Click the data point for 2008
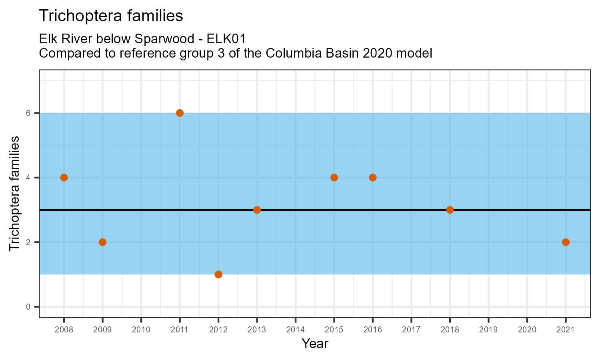[x=64, y=178]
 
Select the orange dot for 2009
[x=102, y=242]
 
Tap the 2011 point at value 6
[x=180, y=113]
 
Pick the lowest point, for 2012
[x=218, y=274]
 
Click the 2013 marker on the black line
[x=257, y=210]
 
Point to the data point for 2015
[x=334, y=178]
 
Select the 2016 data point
[x=373, y=178]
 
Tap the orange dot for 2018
[x=450, y=210]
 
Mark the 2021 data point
[x=566, y=242]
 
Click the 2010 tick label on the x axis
[x=141, y=330]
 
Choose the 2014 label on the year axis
[x=296, y=330]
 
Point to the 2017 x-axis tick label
[x=411, y=330]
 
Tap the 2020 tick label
[x=527, y=330]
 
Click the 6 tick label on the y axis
[x=28, y=113]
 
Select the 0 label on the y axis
[x=28, y=307]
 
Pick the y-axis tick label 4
[x=28, y=178]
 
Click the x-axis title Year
[x=315, y=344]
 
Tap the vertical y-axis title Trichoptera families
[x=14, y=194]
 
